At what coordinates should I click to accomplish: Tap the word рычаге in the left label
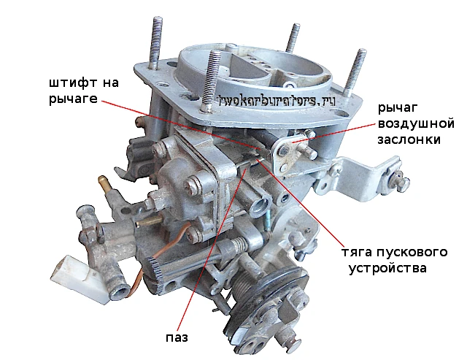pos(73,99)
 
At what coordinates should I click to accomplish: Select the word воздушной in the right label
pos(416,123)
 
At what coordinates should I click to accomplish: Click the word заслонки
pos(409,139)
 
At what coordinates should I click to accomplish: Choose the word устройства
pos(387,268)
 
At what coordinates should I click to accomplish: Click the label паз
pos(177,338)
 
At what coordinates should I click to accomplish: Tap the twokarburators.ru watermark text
pos(277,102)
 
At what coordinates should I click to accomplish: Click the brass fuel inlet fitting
pos(105,183)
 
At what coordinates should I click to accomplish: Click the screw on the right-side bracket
pos(398,180)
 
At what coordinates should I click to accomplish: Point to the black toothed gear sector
pos(155,272)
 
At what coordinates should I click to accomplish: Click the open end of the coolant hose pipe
pos(120,294)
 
